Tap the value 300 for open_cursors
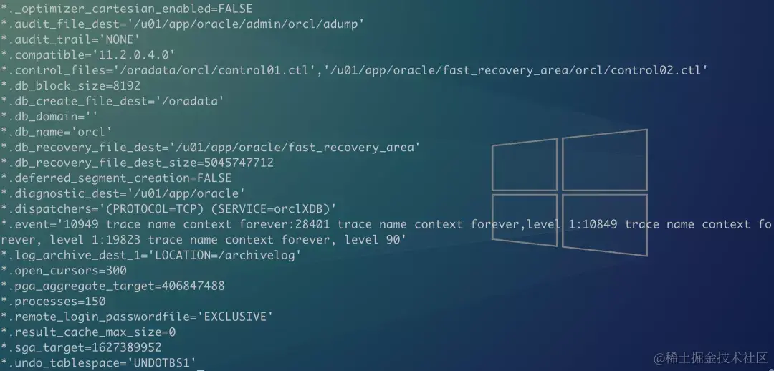click(115, 271)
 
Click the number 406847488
click(193, 286)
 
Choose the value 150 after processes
click(95, 302)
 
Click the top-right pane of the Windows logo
click(604, 160)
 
